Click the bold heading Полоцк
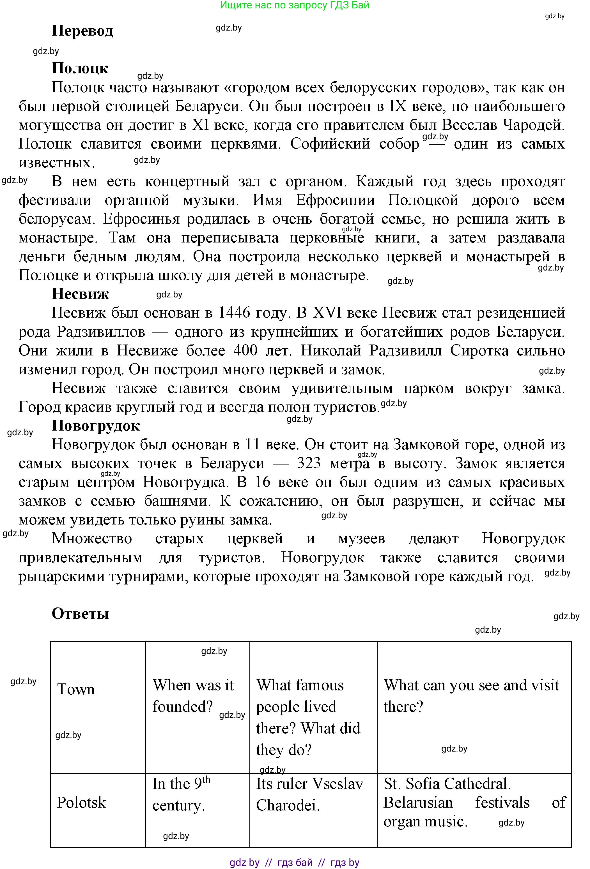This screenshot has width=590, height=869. [80, 68]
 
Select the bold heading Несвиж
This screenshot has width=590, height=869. [80, 294]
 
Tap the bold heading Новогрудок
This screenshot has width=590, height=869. [96, 426]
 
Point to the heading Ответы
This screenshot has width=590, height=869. [80, 614]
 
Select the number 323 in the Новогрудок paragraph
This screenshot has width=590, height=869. [309, 463]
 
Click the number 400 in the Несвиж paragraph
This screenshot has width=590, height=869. [245, 351]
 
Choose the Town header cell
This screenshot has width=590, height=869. [76, 689]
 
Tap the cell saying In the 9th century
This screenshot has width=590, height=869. [182, 794]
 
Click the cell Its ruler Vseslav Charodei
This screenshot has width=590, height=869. [309, 794]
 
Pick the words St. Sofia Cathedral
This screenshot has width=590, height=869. [447, 784]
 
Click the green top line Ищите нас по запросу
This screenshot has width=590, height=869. [294, 5]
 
